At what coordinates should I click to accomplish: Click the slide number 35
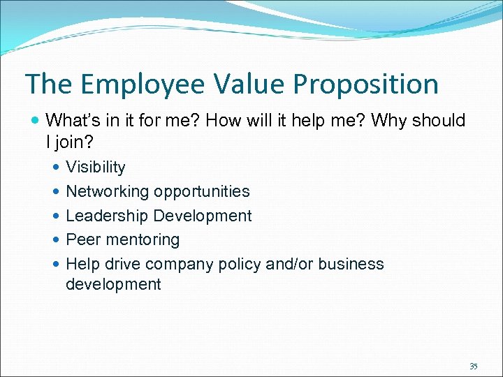tap(474, 366)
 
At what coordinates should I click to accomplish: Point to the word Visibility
tap(96, 168)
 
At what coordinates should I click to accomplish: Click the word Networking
tap(108, 192)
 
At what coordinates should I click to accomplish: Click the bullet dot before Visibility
tap(57, 168)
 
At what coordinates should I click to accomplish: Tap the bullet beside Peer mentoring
tap(57, 240)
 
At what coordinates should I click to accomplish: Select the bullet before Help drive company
tap(57, 265)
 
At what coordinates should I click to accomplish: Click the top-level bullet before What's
tap(36, 121)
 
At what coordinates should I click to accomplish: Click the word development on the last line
tap(113, 284)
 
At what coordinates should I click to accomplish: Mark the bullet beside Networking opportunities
tap(57, 192)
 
